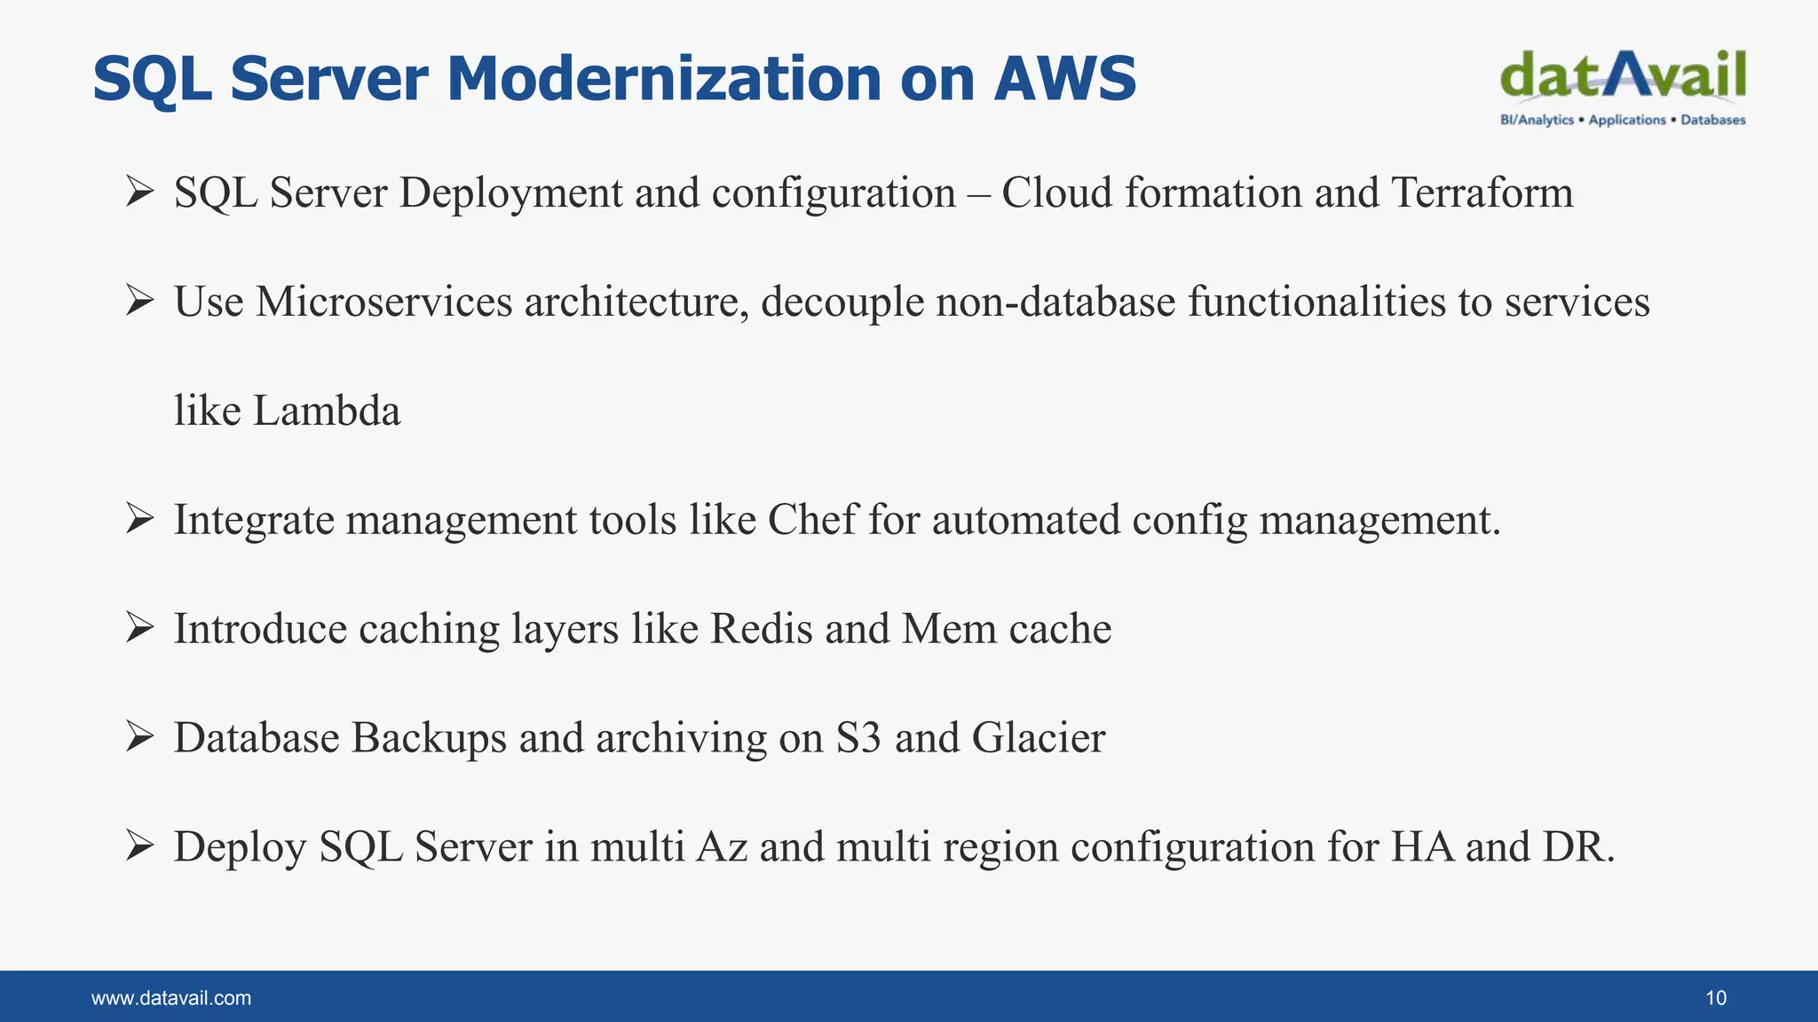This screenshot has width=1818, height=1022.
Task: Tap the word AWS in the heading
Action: coord(1064,79)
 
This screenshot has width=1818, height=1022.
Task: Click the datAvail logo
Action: coord(1623,75)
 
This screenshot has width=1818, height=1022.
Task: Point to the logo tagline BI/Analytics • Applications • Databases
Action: coord(1623,120)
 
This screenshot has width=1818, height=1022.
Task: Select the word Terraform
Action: coord(1482,193)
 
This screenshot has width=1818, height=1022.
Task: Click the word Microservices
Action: coord(384,303)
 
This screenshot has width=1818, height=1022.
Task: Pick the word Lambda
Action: coord(327,412)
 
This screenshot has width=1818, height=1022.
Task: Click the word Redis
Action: coord(762,629)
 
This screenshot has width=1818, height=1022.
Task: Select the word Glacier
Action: coord(1039,738)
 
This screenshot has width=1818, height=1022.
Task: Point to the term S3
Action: coord(858,738)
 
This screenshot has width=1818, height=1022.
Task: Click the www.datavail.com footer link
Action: coord(171,998)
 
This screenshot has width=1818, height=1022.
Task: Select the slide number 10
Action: coord(1715,998)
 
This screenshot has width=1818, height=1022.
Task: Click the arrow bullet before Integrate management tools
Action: coord(140,519)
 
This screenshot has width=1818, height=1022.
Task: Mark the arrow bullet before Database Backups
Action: coord(140,737)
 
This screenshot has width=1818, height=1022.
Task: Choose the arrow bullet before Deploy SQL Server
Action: coord(140,846)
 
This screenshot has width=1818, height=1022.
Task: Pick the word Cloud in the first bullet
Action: coord(1056,193)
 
